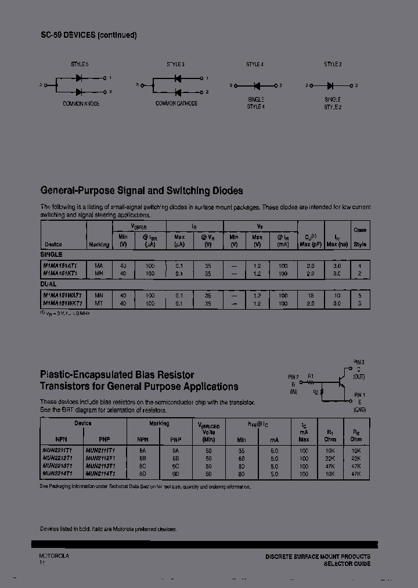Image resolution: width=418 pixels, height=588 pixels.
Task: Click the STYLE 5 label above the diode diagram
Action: click(x=80, y=64)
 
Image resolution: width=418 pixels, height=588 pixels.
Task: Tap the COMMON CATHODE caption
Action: click(x=176, y=103)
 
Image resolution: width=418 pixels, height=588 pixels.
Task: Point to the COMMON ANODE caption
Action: click(x=81, y=103)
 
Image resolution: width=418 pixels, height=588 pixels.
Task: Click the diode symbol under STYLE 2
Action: click(x=332, y=85)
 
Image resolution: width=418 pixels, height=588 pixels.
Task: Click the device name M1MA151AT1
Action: click(x=63, y=266)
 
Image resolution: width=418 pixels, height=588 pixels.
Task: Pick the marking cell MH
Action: click(x=99, y=273)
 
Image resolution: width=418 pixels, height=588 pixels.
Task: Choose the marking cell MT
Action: click(x=99, y=303)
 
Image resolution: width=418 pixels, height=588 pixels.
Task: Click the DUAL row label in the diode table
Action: click(x=48, y=284)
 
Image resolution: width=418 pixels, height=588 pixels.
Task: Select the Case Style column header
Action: click(x=360, y=237)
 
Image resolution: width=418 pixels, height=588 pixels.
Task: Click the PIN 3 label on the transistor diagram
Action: click(x=358, y=362)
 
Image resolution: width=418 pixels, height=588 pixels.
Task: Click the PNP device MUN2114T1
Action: click(x=100, y=474)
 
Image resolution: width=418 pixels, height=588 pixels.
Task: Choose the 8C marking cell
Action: click(x=142, y=466)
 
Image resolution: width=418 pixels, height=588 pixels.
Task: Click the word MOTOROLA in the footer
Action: click(x=54, y=556)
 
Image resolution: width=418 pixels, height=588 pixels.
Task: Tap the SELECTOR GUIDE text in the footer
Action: click(x=346, y=564)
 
